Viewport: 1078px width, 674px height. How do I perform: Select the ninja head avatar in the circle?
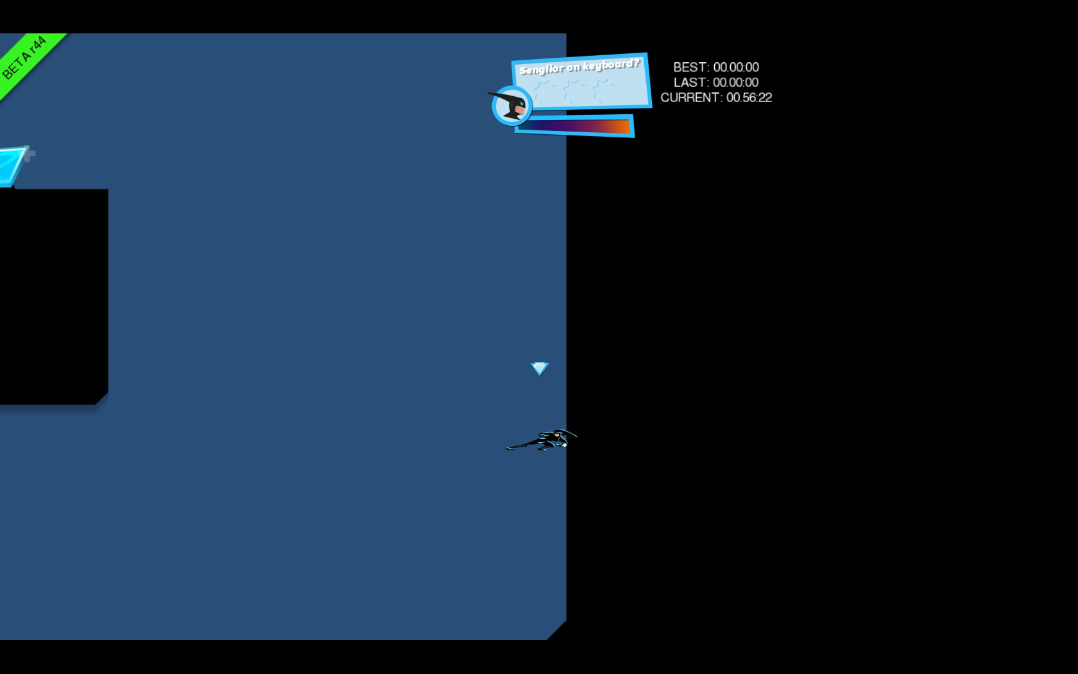tap(512, 106)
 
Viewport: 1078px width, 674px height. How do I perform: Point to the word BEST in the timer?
tap(690, 67)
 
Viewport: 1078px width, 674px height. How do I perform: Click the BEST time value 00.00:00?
tap(736, 67)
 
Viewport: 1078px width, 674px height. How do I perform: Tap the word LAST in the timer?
tap(690, 83)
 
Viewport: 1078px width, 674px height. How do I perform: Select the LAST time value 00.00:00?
tap(735, 83)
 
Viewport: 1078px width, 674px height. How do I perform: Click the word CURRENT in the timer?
tap(690, 98)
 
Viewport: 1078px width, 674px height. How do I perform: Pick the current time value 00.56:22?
tap(749, 98)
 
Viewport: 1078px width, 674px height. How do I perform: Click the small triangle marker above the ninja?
tap(540, 368)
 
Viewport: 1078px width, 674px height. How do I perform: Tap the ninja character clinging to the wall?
tap(545, 440)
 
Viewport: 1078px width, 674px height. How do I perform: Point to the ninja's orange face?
tap(556, 435)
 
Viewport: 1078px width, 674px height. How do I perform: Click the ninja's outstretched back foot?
tap(510, 447)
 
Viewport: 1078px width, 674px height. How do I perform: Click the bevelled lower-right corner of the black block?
tap(102, 398)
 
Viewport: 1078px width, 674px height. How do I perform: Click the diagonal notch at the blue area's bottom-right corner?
tap(556, 630)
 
